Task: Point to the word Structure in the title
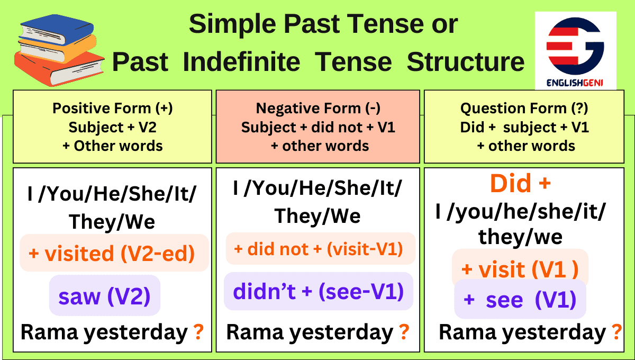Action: pos(465,62)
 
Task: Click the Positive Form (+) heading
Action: pos(112,109)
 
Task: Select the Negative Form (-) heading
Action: pos(318,109)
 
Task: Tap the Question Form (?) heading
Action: pos(524,109)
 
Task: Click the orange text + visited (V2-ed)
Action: pos(112,254)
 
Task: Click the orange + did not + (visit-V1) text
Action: pos(318,249)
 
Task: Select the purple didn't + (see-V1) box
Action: pos(318,292)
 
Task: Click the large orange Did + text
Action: pos(520,184)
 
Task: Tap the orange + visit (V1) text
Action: pos(520,269)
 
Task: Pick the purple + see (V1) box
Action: pos(520,300)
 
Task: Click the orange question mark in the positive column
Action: pos(198,332)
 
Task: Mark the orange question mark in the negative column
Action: pos(404,332)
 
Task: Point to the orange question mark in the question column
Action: pos(616,332)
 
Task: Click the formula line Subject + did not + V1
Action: pos(318,128)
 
